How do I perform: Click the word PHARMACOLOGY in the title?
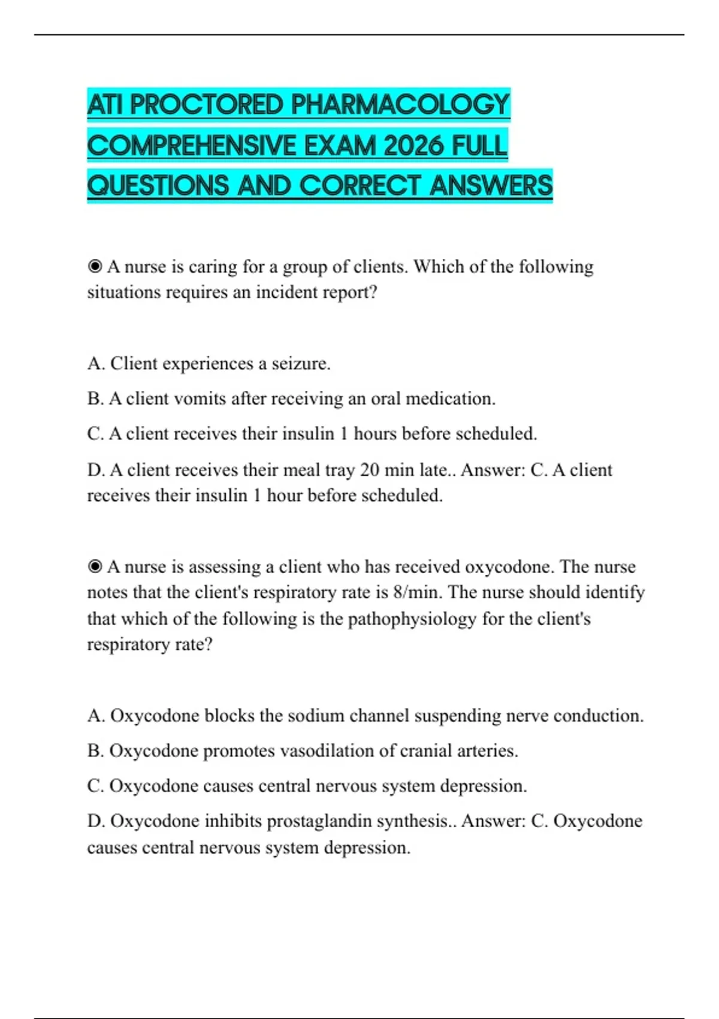400,105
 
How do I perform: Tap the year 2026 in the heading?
413,146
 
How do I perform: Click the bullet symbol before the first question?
95,266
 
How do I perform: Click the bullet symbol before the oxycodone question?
95,566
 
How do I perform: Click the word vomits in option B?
200,399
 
